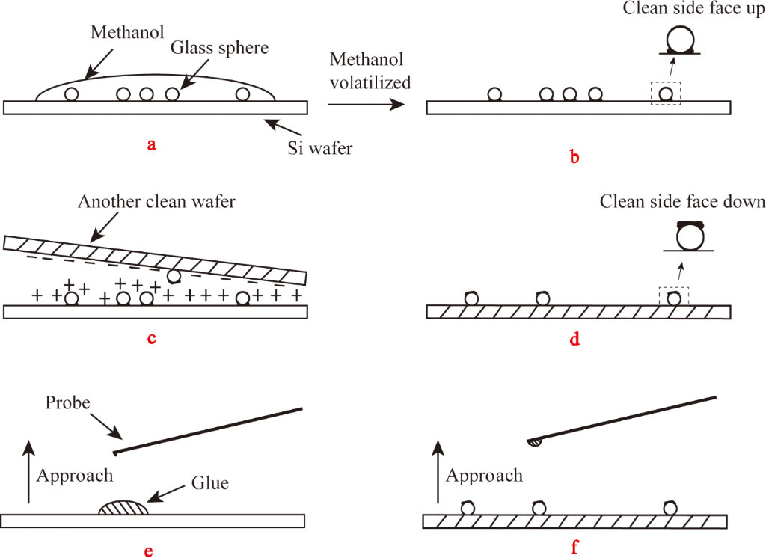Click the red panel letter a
coord(152,145)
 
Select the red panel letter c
coord(152,337)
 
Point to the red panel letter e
coord(149,552)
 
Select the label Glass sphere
coord(219,48)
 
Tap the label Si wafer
coord(320,147)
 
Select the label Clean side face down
coord(683,201)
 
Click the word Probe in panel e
coord(68,402)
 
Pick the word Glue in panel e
coord(209,483)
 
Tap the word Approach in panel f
coord(484,476)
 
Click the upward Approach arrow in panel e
coord(28,471)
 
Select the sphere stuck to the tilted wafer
coord(174,277)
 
